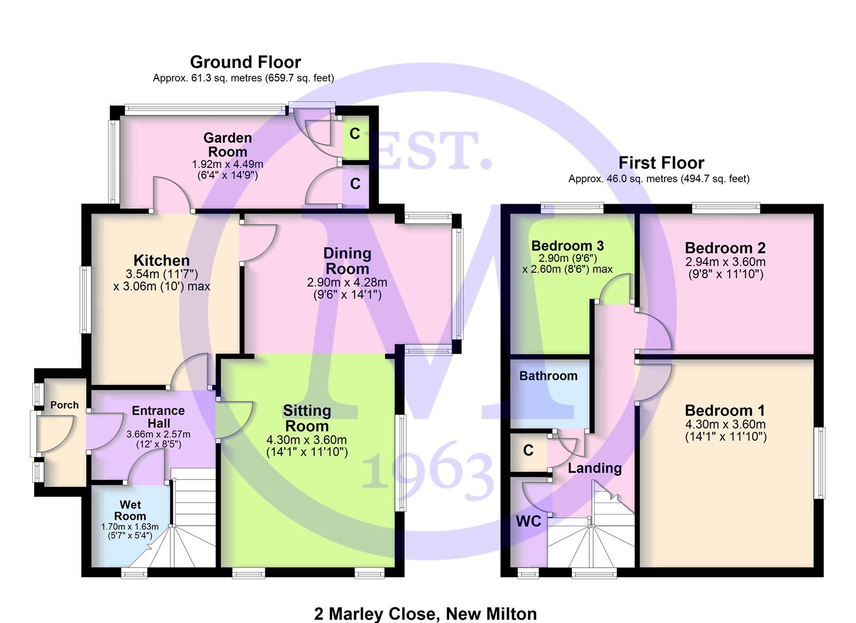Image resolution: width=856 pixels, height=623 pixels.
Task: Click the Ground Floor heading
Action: pos(246,62)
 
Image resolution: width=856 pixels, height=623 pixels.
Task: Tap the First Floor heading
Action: pos(661,163)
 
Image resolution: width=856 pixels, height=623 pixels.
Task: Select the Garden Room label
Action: pos(228,145)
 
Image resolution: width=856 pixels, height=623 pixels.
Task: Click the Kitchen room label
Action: pos(161,260)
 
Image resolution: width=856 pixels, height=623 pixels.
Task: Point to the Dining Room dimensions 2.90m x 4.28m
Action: pos(347,283)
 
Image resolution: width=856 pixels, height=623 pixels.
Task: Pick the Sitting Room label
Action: pos(307,418)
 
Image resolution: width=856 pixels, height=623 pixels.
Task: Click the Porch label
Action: pos(65,405)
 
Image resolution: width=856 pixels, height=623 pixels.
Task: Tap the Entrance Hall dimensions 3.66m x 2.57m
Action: pos(158,434)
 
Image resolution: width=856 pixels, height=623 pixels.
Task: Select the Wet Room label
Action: pos(130,510)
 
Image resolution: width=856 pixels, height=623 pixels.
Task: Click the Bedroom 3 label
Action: pos(567,246)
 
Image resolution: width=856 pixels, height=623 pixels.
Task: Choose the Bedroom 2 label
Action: pos(725,248)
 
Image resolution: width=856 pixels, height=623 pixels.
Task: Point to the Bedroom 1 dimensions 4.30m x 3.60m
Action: pos(725,424)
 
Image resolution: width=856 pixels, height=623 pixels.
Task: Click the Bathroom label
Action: pos(548,376)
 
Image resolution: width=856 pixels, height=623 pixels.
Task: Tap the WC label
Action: pos(529,521)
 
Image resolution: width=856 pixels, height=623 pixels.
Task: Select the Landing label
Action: pos(595,468)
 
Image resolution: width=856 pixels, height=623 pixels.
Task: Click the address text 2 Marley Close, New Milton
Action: pos(425,614)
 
